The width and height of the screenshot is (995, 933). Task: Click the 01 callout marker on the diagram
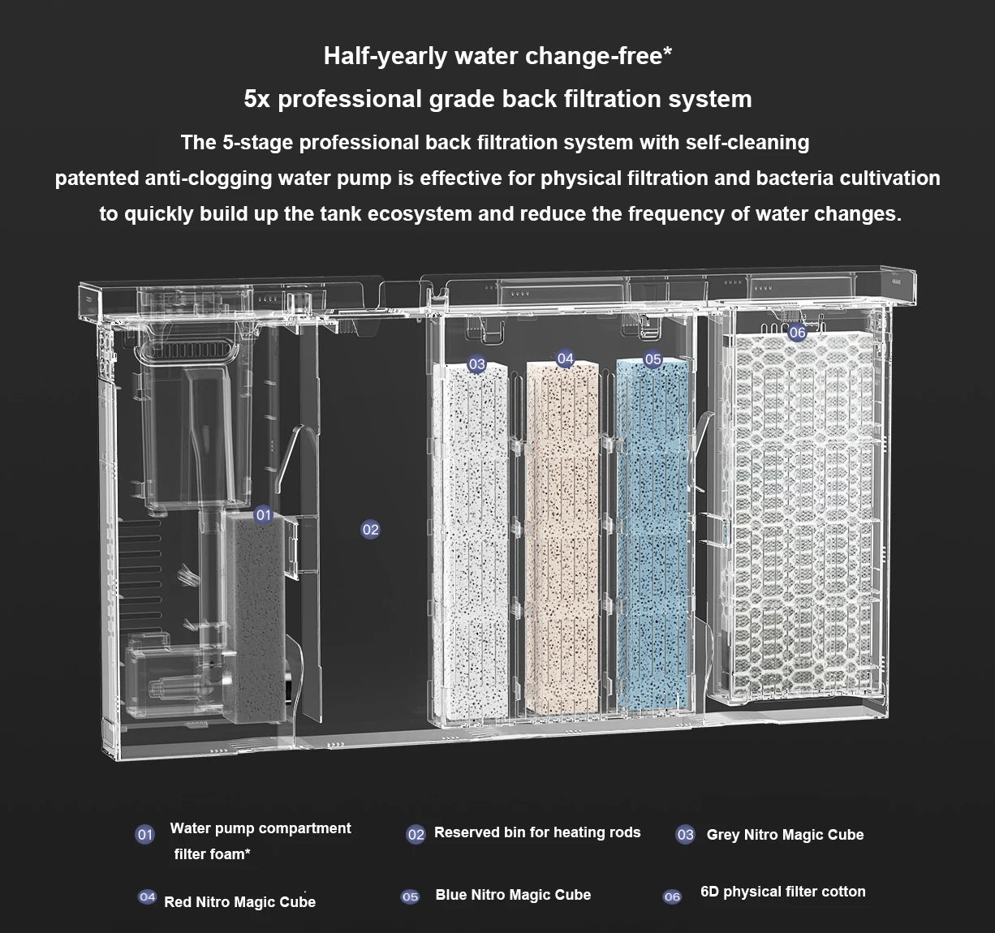click(263, 515)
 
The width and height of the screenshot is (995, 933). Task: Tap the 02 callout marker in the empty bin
click(370, 530)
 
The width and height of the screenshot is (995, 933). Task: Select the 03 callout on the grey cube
click(476, 364)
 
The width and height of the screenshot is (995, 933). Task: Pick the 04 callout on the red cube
click(565, 359)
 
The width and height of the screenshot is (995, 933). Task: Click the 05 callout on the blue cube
click(653, 359)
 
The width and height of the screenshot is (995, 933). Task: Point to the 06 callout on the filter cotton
click(797, 332)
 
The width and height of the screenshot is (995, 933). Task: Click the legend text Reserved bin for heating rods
click(536, 832)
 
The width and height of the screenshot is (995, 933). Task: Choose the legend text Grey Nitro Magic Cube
click(785, 835)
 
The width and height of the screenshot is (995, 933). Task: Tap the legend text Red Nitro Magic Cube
click(239, 902)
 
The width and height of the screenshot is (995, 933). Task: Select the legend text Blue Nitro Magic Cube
click(513, 895)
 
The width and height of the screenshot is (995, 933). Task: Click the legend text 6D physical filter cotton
click(782, 892)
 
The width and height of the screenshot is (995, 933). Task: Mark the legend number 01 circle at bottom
click(145, 835)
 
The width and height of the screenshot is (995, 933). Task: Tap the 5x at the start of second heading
click(257, 99)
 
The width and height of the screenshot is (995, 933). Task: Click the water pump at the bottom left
click(174, 681)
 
